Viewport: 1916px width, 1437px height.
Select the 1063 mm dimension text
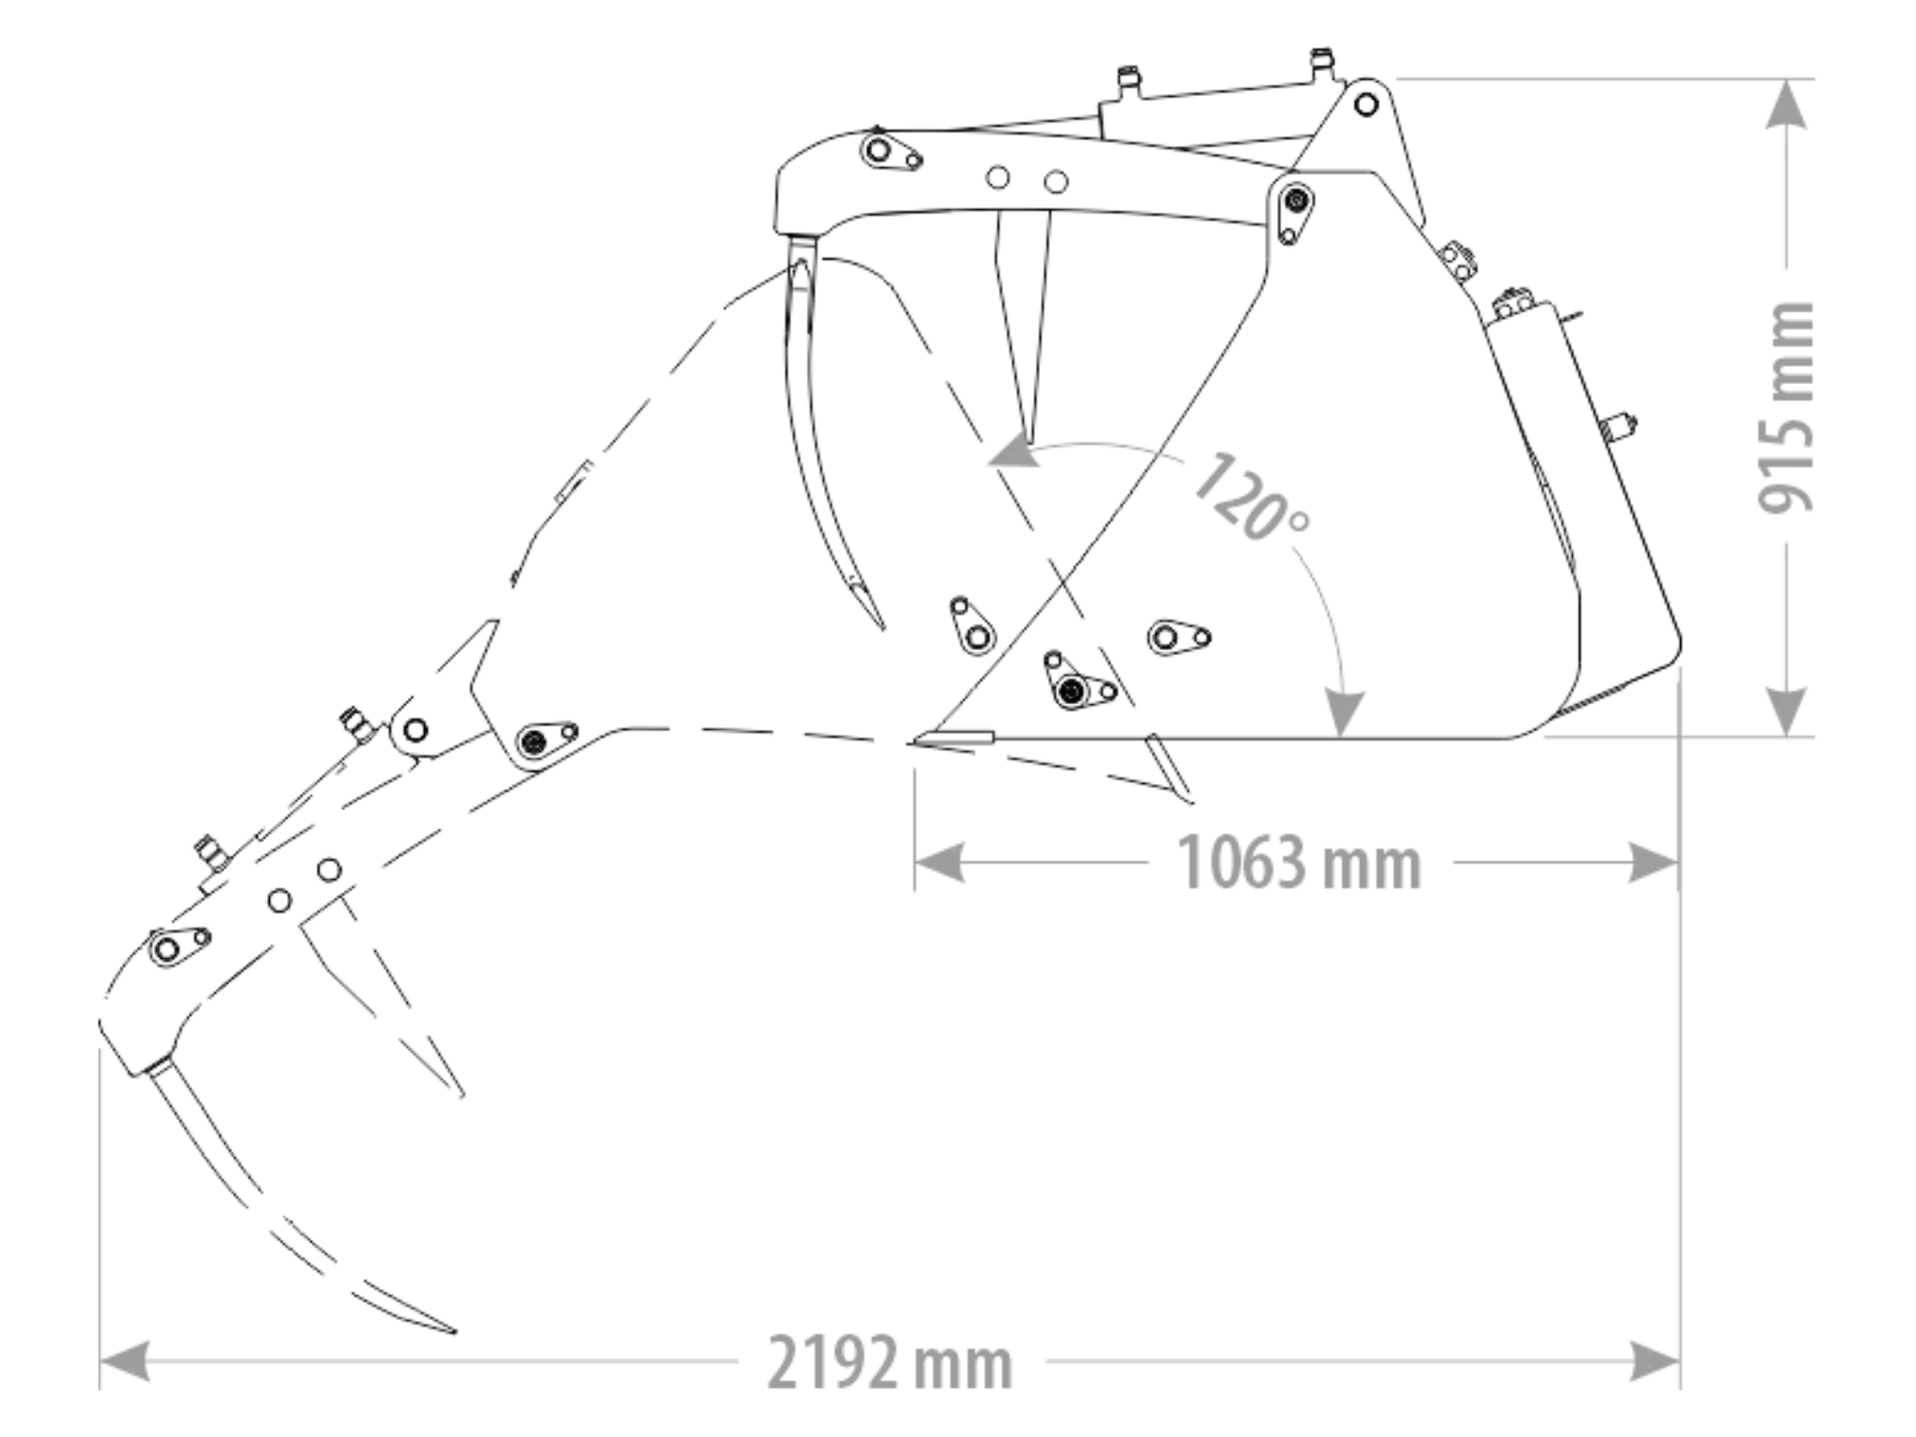coord(1298,863)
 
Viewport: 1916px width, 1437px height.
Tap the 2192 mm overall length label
coord(890,1362)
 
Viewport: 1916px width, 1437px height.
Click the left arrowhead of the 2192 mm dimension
coord(125,1361)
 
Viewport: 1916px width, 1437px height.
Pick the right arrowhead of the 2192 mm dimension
coord(1656,1361)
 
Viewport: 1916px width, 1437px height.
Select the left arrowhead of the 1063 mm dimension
coord(939,863)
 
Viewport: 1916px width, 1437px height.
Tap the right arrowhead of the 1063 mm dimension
coord(1654,863)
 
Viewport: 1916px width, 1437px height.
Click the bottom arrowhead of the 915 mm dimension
coord(1787,711)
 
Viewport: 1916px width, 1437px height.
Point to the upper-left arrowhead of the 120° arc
coord(1013,451)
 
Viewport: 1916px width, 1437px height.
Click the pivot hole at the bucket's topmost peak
coord(1366,104)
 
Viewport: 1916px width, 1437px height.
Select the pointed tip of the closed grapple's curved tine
coord(882,627)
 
